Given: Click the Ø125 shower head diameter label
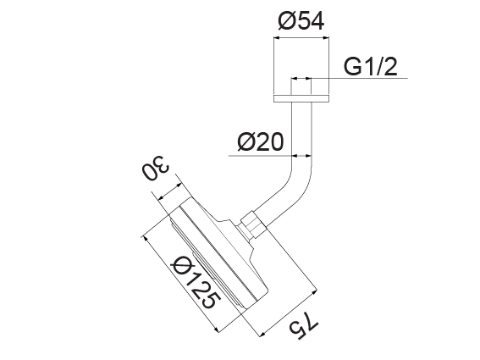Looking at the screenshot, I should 194,285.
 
